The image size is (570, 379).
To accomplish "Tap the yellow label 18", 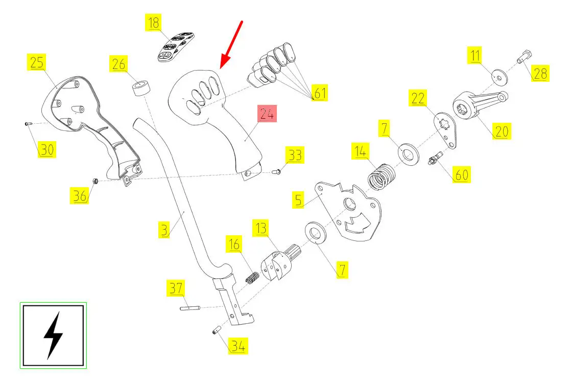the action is (154, 23).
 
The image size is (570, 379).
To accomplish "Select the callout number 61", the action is (320, 93).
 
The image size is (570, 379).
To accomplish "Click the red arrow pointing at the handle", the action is (231, 45).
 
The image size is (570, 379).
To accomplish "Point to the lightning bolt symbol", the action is (53, 336).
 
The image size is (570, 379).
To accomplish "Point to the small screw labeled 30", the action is (29, 124).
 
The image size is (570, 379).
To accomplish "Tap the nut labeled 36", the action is (95, 181).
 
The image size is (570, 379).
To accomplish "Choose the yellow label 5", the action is (298, 200).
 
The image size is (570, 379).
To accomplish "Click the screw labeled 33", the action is (276, 171).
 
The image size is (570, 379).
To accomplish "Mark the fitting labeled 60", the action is (436, 159).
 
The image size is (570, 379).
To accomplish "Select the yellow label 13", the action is (261, 228).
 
